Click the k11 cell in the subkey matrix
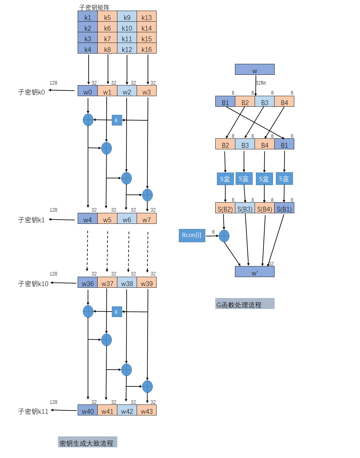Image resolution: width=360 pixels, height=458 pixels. click(x=127, y=39)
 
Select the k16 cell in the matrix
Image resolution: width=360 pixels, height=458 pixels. click(x=147, y=49)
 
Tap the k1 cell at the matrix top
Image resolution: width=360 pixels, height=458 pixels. click(x=88, y=17)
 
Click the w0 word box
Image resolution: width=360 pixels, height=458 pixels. click(x=88, y=92)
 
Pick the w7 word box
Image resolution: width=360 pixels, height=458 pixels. click(x=147, y=220)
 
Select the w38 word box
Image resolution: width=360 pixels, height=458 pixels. click(x=127, y=284)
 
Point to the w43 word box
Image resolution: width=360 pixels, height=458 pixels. click(x=147, y=411)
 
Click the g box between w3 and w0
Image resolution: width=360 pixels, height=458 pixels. click(x=117, y=120)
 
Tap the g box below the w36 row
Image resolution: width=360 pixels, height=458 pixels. click(x=117, y=312)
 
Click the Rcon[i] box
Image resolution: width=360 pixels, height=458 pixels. click(x=192, y=235)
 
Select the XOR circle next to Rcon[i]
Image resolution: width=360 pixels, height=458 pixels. click(x=224, y=236)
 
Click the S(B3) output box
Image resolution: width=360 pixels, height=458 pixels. click(x=245, y=209)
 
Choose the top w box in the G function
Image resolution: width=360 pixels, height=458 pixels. click(x=255, y=70)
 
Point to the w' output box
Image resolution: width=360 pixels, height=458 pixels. click(x=255, y=272)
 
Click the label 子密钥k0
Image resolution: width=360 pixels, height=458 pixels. click(x=31, y=92)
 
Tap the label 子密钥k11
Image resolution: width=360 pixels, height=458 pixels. click(x=33, y=411)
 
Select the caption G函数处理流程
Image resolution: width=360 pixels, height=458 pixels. click(x=244, y=304)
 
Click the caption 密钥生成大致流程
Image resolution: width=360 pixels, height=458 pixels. click(x=87, y=443)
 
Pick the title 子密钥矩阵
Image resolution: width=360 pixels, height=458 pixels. click(x=94, y=7)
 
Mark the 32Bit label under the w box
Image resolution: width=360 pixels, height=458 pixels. click(x=261, y=83)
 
